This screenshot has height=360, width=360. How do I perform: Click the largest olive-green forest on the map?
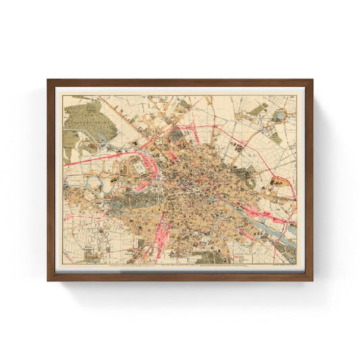[x=88, y=119]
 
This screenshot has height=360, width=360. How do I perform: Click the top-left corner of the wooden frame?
[x=49, y=81]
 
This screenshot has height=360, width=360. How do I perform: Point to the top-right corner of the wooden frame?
[x=311, y=81]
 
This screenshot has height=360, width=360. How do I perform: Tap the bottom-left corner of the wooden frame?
[x=49, y=279]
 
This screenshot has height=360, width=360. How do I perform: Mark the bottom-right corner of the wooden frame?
[x=311, y=279]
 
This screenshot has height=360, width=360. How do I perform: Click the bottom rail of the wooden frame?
[x=180, y=277]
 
